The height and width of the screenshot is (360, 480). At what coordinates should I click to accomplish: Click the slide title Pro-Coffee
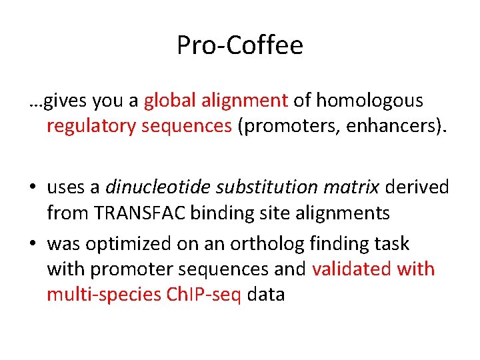click(x=240, y=45)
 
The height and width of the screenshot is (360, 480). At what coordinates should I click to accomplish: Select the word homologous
click(x=369, y=101)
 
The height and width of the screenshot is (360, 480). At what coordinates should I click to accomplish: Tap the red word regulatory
click(x=91, y=126)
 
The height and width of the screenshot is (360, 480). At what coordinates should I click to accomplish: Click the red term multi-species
click(x=102, y=295)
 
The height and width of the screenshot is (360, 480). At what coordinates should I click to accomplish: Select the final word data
click(x=266, y=295)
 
